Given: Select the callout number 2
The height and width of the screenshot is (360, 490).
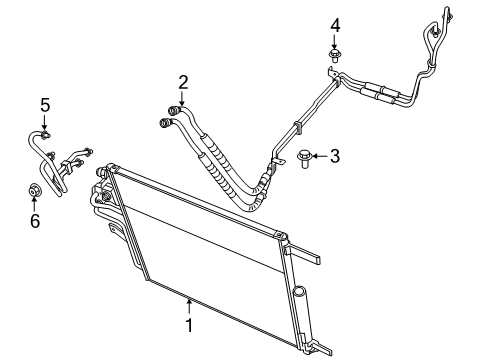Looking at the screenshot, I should click(x=184, y=82).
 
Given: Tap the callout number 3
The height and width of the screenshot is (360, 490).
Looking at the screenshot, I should click(x=336, y=155).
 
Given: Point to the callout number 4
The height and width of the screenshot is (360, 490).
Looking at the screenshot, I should click(x=336, y=24).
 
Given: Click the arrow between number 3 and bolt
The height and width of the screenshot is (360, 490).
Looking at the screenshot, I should click(x=319, y=155).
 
